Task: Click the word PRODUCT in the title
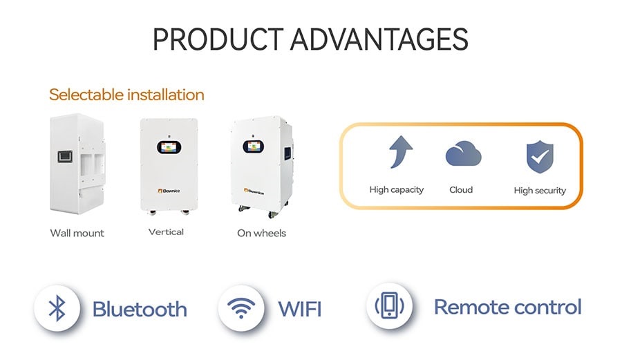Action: coord(218,39)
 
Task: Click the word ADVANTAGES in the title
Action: coord(379,39)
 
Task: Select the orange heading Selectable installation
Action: coord(126,95)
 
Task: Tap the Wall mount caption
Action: coord(77,233)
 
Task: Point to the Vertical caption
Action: coord(166,232)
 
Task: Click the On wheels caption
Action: coord(261,233)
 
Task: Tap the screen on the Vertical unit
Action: coord(169,147)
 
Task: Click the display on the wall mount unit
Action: coord(65,157)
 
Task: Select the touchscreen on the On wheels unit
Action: coord(254,146)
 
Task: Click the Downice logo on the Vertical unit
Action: coord(169,191)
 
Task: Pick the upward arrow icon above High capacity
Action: coord(400,152)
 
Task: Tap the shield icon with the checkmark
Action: coord(540,157)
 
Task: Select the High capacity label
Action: coord(396,190)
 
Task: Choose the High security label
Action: coord(540,191)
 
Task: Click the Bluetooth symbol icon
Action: coord(57,308)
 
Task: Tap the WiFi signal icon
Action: coord(241,308)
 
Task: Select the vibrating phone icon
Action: coord(390,305)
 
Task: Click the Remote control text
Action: coord(508,307)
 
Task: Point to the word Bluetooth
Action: coord(140,310)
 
